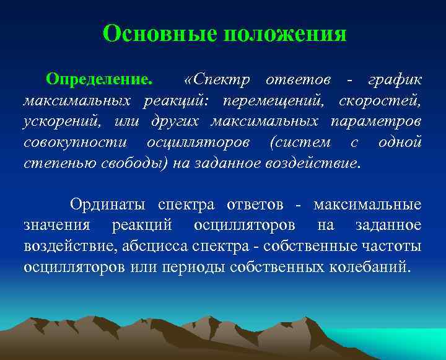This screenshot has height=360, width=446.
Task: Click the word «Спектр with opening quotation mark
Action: pyautogui.click(x=211, y=81)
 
